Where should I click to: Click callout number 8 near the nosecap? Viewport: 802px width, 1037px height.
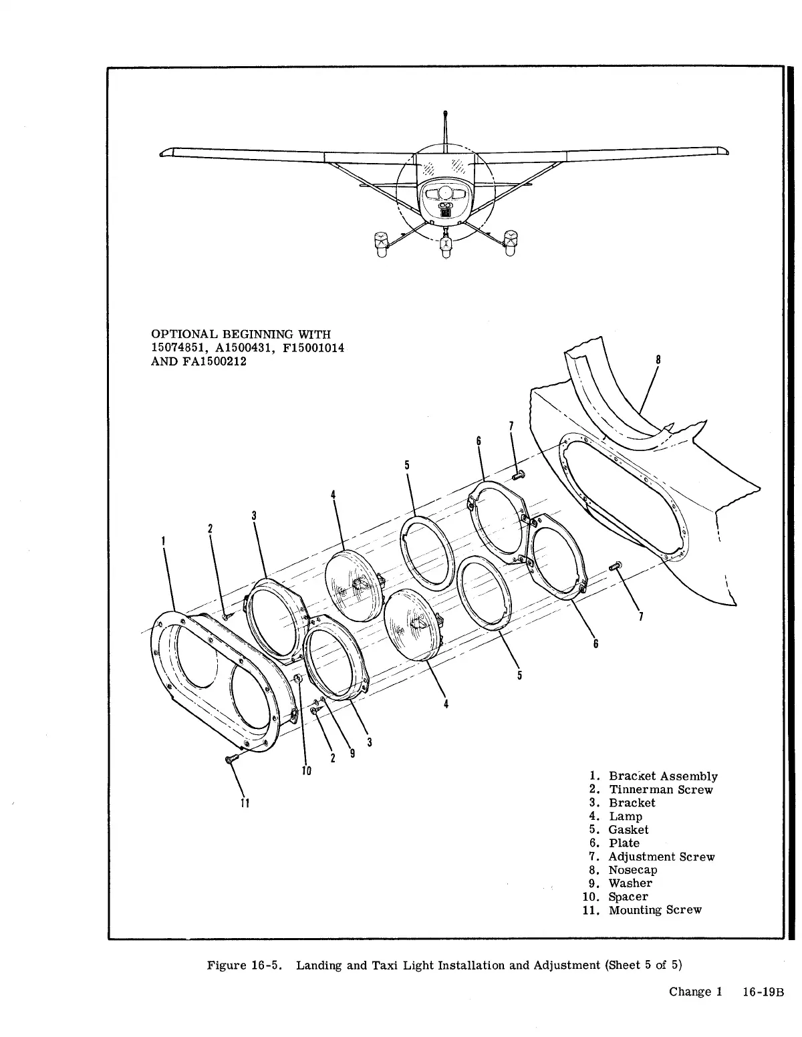click(x=658, y=360)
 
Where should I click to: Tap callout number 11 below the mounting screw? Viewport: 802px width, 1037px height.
click(x=245, y=802)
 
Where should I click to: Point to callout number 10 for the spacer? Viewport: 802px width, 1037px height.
click(x=306, y=770)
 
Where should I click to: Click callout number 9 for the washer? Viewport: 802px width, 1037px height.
click(x=352, y=753)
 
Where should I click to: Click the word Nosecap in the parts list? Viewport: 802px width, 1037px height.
click(x=632, y=870)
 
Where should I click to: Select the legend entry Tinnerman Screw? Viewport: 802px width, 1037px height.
click(x=660, y=790)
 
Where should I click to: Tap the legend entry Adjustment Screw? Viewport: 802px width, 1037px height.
click(x=661, y=857)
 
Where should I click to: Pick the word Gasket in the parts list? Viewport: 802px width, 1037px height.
click(x=628, y=830)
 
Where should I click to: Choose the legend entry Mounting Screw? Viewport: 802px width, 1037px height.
click(x=655, y=910)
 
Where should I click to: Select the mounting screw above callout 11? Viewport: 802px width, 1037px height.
click(x=230, y=760)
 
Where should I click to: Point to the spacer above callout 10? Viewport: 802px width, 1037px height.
click(x=299, y=680)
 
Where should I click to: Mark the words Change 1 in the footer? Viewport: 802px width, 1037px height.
click(x=695, y=992)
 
